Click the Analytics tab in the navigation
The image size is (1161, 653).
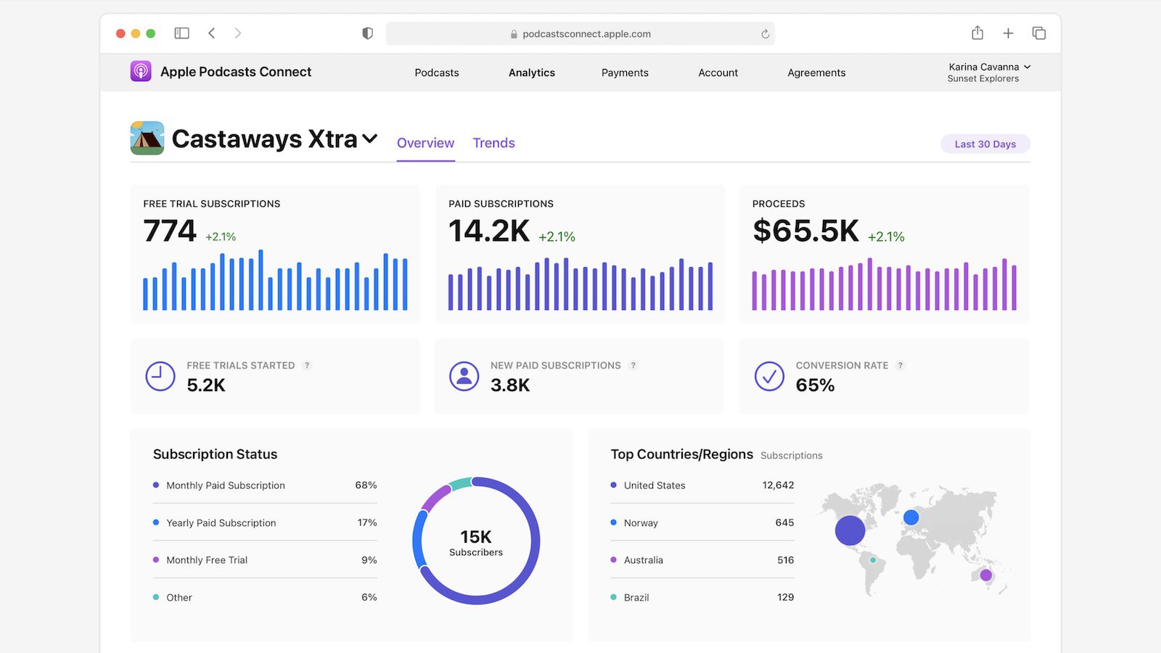(x=531, y=73)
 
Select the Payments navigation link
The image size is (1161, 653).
(x=624, y=73)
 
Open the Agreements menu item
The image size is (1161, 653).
(x=816, y=73)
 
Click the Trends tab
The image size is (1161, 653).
(x=493, y=143)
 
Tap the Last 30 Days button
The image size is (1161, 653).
(x=985, y=144)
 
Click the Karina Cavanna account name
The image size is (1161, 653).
(x=983, y=67)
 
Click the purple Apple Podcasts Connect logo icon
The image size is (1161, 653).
(x=141, y=71)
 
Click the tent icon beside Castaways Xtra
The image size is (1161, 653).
(x=147, y=138)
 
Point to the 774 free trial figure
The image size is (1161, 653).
(x=170, y=231)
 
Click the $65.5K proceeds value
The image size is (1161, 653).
(x=805, y=231)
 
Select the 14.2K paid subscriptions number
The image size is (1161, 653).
(x=489, y=231)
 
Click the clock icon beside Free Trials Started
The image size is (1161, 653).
(x=160, y=377)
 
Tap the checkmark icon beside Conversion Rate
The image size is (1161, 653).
(x=769, y=377)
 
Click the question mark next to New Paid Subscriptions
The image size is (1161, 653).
(x=633, y=366)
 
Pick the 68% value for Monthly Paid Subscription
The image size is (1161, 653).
(x=366, y=485)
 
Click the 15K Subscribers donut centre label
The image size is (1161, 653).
(x=476, y=542)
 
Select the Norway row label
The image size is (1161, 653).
(x=641, y=522)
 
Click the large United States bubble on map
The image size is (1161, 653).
(x=850, y=530)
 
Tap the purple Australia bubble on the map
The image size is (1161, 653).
(x=985, y=575)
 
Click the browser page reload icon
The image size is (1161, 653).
(x=765, y=34)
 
